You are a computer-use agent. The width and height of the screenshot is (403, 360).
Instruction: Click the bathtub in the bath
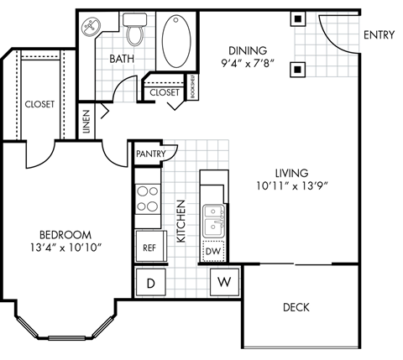(x=177, y=39)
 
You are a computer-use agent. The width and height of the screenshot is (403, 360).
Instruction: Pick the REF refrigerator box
(x=149, y=248)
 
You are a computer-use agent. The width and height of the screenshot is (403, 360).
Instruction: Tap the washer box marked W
(x=223, y=281)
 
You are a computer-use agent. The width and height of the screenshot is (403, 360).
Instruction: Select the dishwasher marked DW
(x=213, y=251)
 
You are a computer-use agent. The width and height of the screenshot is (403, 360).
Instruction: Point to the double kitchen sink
(x=215, y=221)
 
